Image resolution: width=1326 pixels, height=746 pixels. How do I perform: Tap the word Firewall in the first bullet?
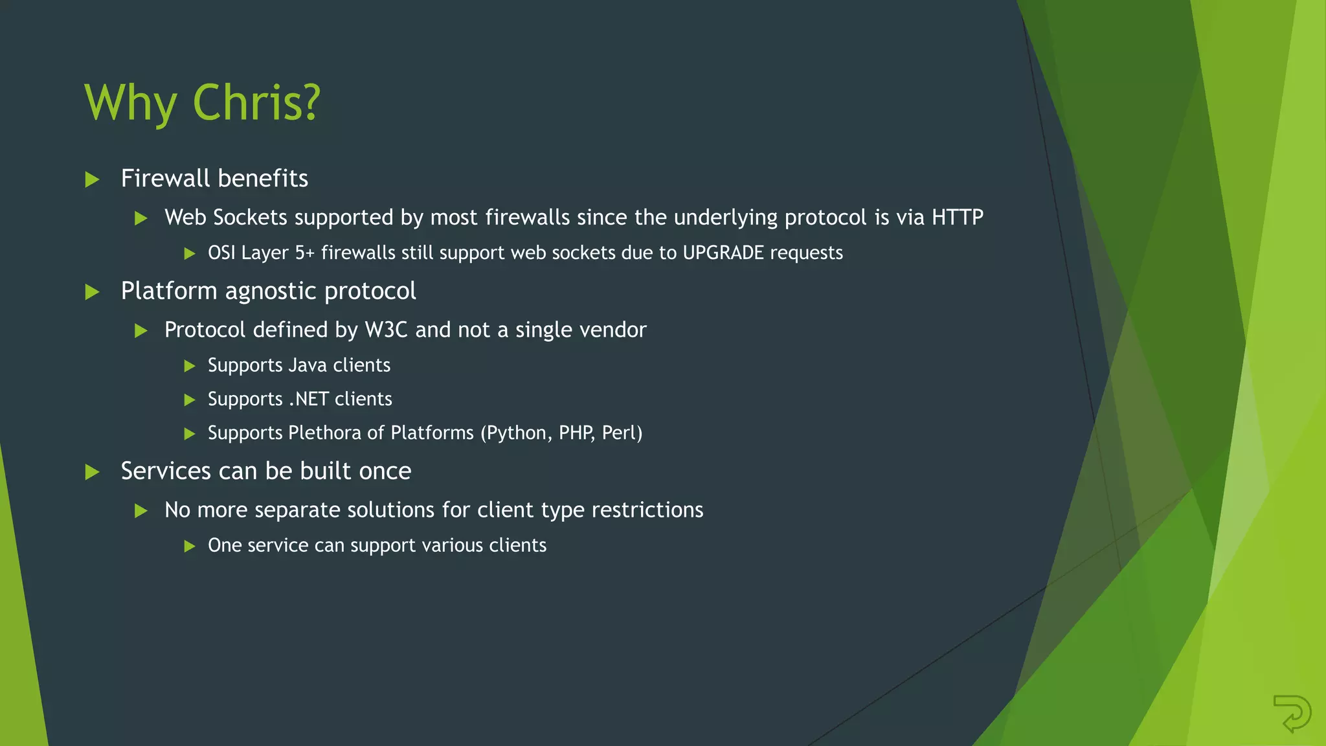click(165, 179)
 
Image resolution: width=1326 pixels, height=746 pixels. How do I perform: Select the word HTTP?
click(957, 218)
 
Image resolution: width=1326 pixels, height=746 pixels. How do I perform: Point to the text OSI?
click(221, 253)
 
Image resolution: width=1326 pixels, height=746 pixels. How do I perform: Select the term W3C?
click(386, 330)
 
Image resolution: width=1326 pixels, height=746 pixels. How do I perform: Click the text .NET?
click(308, 399)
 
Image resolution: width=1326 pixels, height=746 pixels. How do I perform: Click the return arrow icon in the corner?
click(1292, 713)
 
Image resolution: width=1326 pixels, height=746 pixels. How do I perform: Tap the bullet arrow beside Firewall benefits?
click(93, 179)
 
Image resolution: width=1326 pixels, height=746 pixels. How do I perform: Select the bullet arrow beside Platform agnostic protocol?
click(93, 292)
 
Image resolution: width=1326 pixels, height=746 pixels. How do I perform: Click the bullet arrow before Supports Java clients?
click(190, 366)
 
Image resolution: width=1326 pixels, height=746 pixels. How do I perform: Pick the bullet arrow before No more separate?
click(141, 511)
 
